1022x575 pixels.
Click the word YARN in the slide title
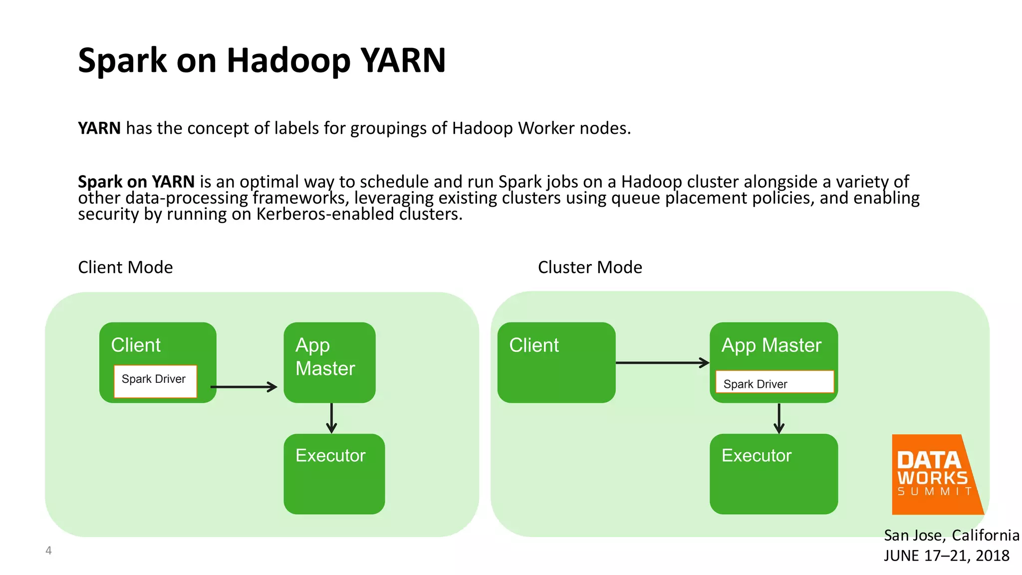pos(403,60)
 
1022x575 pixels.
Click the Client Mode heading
pos(125,268)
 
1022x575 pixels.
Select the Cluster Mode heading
pos(590,268)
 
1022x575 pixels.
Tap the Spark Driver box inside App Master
pos(774,382)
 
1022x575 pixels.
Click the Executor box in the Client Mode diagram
pos(334,474)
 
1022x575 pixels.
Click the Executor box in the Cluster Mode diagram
pos(773,474)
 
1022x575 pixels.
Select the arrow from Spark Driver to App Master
pos(244,387)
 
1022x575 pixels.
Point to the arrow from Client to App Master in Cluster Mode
pos(662,363)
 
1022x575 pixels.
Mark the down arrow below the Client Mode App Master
pos(331,418)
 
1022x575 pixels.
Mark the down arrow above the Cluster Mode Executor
pos(779,418)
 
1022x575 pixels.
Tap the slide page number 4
pos(48,551)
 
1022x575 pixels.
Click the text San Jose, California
pos(951,535)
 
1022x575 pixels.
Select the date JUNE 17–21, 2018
pos(946,556)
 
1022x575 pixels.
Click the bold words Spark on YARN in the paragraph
pos(136,182)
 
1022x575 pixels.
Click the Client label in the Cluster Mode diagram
pos(533,345)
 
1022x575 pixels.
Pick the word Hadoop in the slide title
pos(288,60)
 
